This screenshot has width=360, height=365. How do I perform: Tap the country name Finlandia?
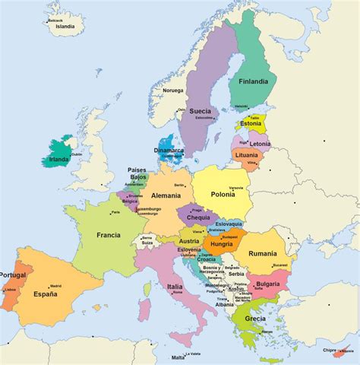[251, 80]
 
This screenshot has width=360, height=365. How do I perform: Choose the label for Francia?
[109, 235]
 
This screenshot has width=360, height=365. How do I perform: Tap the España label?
[45, 294]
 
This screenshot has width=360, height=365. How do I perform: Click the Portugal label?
[13, 275]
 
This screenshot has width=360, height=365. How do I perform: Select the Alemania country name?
[166, 195]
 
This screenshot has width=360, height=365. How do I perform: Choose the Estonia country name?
[250, 124]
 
